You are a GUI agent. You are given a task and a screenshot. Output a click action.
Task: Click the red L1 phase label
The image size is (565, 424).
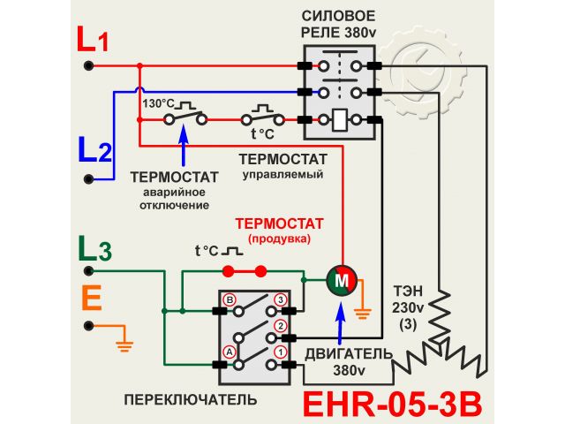click(x=93, y=40)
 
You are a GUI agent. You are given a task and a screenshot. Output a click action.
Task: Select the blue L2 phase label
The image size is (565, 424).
click(x=94, y=151)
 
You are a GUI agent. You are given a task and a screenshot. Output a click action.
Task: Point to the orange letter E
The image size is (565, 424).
click(x=91, y=299)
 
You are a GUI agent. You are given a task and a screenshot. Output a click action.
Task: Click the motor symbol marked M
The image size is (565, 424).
click(x=340, y=280)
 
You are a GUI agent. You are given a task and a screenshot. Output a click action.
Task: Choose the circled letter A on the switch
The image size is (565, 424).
click(x=229, y=349)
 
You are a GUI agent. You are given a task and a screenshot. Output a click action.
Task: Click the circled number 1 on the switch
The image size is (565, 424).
click(x=281, y=350)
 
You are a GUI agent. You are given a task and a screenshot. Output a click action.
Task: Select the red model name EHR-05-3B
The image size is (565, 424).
click(x=393, y=403)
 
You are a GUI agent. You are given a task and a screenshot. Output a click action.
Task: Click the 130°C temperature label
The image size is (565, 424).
click(x=156, y=103)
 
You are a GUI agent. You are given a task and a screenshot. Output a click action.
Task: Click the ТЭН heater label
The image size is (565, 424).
click(x=408, y=291)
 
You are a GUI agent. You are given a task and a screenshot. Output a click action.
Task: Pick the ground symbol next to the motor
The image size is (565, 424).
click(x=360, y=310)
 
